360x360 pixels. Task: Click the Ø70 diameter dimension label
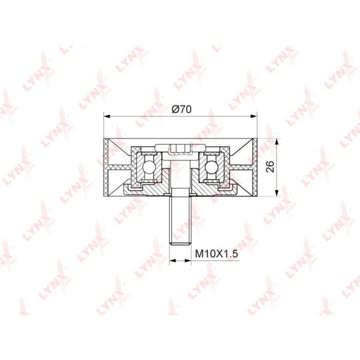182,109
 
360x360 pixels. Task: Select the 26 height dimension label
270,167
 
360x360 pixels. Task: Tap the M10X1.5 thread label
217,254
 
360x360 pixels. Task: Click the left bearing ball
148,167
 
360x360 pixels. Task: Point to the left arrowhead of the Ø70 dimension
107,116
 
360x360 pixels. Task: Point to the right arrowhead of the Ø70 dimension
254,116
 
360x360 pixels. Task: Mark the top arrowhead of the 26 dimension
277,141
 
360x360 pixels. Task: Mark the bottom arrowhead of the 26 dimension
277,193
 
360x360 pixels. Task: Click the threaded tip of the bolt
180,243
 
